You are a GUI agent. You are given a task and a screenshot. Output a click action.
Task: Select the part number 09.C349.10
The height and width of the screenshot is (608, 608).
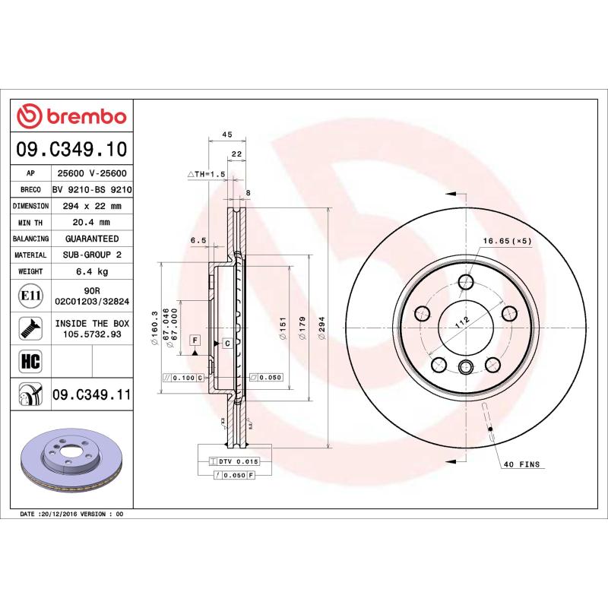(72, 148)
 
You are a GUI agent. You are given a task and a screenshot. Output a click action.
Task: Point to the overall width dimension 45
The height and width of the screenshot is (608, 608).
(226, 134)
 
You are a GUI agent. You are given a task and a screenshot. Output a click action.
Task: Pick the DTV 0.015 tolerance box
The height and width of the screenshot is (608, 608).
(239, 461)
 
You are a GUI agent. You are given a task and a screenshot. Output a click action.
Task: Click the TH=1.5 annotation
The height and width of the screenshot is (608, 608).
(207, 174)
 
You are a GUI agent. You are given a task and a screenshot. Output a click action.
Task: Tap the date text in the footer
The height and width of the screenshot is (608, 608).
(70, 515)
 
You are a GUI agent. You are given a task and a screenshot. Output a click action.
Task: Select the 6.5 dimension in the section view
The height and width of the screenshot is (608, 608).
(198, 240)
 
